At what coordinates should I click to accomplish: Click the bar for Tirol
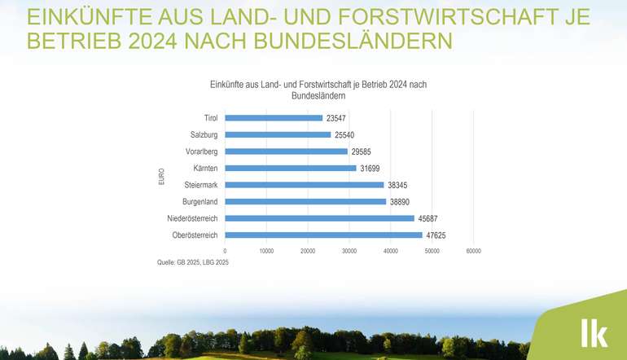point(274,118)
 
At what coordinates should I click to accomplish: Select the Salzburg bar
point(278,134)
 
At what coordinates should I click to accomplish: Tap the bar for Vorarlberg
point(286,151)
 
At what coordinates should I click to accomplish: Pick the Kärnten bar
point(291,168)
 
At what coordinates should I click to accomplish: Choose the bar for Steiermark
point(305,185)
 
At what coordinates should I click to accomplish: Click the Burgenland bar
point(305,201)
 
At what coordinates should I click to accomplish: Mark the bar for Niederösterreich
point(319,218)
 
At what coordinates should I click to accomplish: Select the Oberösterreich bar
point(323,235)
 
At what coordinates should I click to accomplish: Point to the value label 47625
point(436,235)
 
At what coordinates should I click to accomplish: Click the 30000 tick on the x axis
point(349,251)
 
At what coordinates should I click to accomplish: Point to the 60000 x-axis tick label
point(473,251)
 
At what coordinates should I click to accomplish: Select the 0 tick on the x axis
point(225,251)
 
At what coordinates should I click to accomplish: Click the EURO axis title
point(162,177)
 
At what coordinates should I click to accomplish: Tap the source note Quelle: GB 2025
point(193,262)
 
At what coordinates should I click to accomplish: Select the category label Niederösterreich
point(192,218)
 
